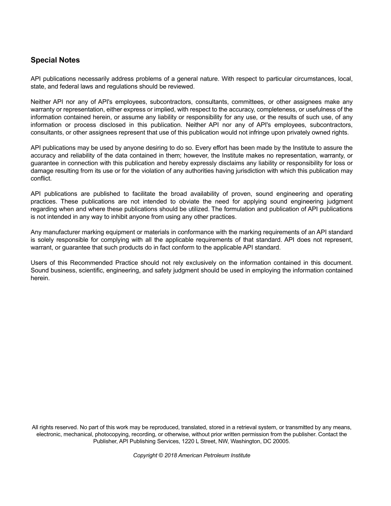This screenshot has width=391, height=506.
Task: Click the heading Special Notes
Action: tap(55, 60)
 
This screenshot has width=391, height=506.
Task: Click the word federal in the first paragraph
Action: tap(64, 86)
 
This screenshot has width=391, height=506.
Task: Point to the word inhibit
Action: tap(119, 217)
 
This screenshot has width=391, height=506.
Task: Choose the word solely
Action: tap(46, 239)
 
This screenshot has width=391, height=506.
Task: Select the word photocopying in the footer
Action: tap(112, 434)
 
